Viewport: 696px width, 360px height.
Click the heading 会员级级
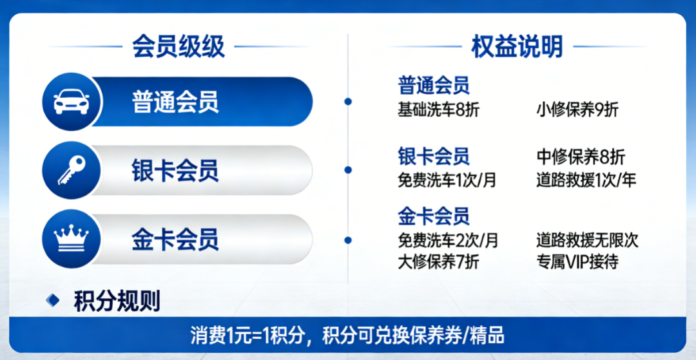click(x=179, y=47)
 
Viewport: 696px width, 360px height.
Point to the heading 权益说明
click(x=517, y=47)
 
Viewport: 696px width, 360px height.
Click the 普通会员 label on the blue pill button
click(x=175, y=102)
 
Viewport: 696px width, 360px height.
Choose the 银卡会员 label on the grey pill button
click(x=175, y=171)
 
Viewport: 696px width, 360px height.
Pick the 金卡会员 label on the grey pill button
click(x=175, y=240)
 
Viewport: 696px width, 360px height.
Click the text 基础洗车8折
click(x=438, y=110)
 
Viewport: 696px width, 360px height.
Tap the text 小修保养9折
click(x=577, y=110)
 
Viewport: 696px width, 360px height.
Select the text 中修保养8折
click(x=580, y=157)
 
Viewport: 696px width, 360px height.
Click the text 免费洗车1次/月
click(x=447, y=180)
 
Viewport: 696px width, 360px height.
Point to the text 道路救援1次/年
click(x=586, y=180)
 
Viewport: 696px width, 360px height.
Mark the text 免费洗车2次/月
click(x=448, y=240)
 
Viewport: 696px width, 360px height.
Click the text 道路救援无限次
click(x=586, y=240)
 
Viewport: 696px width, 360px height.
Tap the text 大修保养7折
click(x=438, y=262)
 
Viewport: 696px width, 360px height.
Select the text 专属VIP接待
click(x=577, y=262)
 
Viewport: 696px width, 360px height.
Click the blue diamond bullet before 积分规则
click(x=53, y=300)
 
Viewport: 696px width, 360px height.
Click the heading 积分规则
click(x=117, y=301)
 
